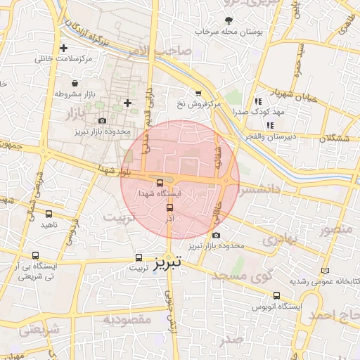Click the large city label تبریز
169,261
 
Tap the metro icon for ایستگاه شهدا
160,183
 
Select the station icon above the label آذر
169,207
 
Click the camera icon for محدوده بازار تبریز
103,121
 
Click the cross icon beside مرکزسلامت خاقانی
64,49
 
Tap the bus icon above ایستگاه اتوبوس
276,296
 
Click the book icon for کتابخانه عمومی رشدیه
324,271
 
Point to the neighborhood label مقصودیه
127,319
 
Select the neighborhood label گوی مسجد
250,276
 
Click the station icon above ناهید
49,214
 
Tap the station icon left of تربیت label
139,257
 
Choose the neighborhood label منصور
335,230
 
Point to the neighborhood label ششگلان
334,139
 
